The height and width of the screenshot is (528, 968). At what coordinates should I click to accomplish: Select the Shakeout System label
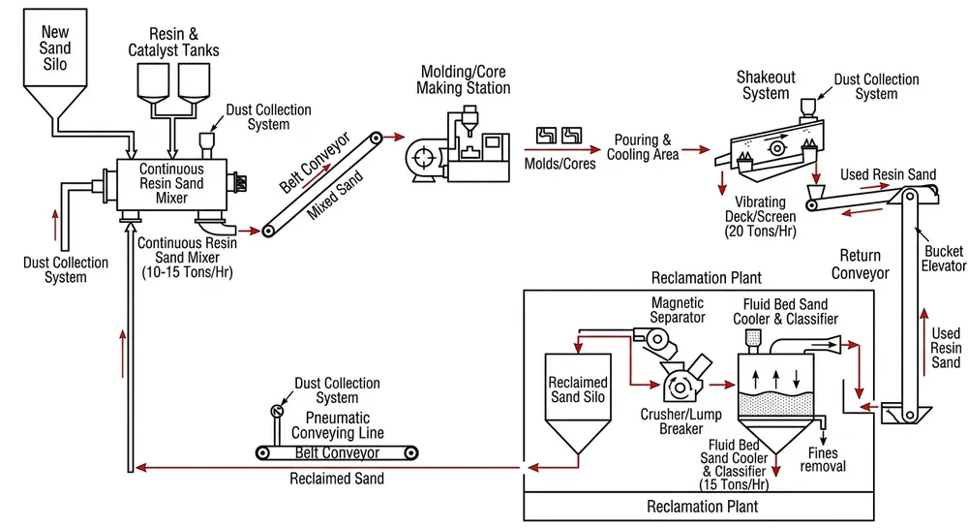(766, 85)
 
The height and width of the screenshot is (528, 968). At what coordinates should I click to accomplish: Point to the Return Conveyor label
(860, 264)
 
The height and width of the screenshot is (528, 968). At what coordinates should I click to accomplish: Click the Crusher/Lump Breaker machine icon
(682, 384)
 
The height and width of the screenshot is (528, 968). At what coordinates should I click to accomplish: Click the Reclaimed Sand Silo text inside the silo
(578, 390)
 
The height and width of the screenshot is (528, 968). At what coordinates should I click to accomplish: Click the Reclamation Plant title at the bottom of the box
(702, 506)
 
